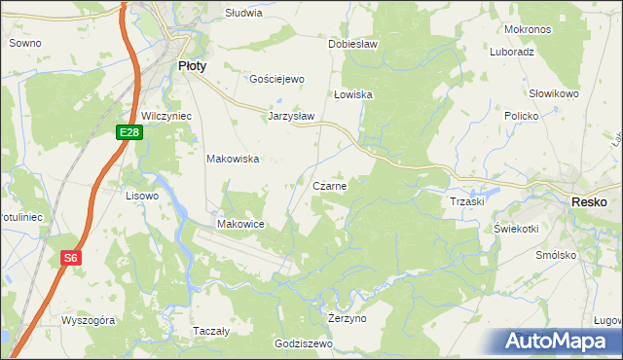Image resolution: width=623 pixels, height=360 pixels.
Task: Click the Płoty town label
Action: tap(191, 66)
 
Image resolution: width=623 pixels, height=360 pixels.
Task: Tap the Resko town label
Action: tap(590, 200)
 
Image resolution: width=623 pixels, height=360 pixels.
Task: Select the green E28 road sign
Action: tap(131, 132)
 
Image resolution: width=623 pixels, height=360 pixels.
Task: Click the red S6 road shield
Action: tap(70, 258)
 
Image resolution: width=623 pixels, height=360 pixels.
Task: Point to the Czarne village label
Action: tap(331, 185)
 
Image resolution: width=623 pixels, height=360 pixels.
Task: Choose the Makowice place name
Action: tap(241, 224)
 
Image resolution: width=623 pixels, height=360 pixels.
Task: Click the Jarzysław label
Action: tap(291, 115)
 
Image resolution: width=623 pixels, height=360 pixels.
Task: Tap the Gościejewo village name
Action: tap(277, 79)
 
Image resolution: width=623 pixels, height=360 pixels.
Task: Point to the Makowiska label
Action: tap(233, 159)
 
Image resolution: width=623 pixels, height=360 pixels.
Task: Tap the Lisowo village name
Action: tap(142, 196)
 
